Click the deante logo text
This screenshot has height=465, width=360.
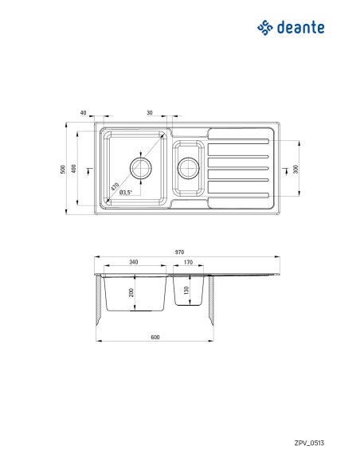[301, 28]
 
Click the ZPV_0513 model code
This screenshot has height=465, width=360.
[309, 443]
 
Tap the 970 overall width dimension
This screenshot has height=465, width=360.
[179, 252]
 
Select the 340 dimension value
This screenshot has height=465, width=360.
[134, 262]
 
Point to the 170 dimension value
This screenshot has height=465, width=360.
[188, 262]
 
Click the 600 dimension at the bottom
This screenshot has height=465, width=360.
[155, 337]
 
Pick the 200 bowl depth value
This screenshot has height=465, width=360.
[131, 293]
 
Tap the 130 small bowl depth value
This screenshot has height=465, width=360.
[186, 291]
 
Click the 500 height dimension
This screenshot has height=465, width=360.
[63, 170]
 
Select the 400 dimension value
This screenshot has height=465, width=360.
[74, 169]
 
